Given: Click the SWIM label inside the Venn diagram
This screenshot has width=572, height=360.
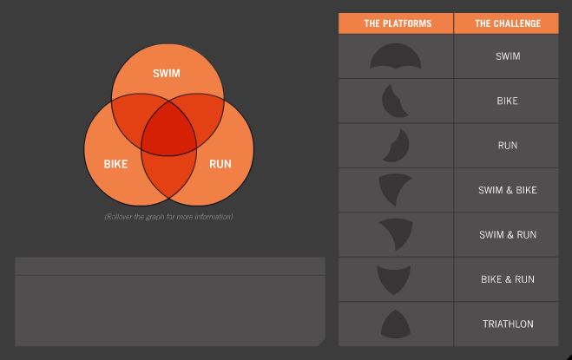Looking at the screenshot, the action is tap(167, 74).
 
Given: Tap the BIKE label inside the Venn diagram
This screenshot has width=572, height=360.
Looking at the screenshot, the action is tap(115, 164).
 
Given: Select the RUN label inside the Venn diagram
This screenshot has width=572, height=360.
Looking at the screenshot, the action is tap(220, 164).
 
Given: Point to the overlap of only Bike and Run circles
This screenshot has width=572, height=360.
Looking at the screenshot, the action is tap(168, 175).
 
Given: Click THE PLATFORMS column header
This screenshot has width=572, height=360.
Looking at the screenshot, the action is tap(398, 23).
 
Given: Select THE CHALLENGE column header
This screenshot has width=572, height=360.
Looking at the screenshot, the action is tap(508, 23).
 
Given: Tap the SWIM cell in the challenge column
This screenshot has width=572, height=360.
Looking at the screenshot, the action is tap(508, 56).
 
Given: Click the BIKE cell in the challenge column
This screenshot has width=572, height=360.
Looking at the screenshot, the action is tap(507, 101).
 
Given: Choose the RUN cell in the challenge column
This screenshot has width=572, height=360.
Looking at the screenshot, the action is tap(508, 146).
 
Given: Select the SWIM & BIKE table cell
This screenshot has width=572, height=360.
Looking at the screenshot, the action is tap(508, 190).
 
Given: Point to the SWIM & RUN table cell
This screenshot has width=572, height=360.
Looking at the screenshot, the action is tap(508, 235).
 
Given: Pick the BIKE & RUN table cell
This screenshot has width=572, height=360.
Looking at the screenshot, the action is tap(508, 279).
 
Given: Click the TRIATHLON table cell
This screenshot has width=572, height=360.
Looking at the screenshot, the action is tap(508, 324).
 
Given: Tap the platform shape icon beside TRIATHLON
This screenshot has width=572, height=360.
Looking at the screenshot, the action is tap(396, 324).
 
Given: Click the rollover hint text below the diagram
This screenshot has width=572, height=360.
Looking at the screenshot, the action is tap(168, 217).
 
